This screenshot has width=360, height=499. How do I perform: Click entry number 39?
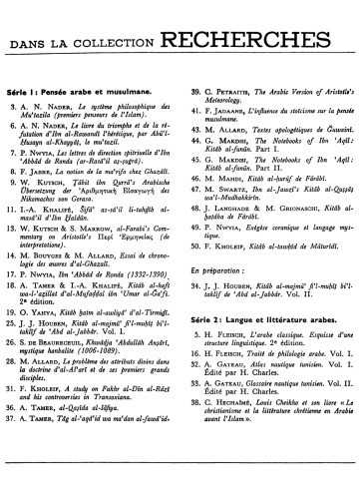[190, 92]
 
